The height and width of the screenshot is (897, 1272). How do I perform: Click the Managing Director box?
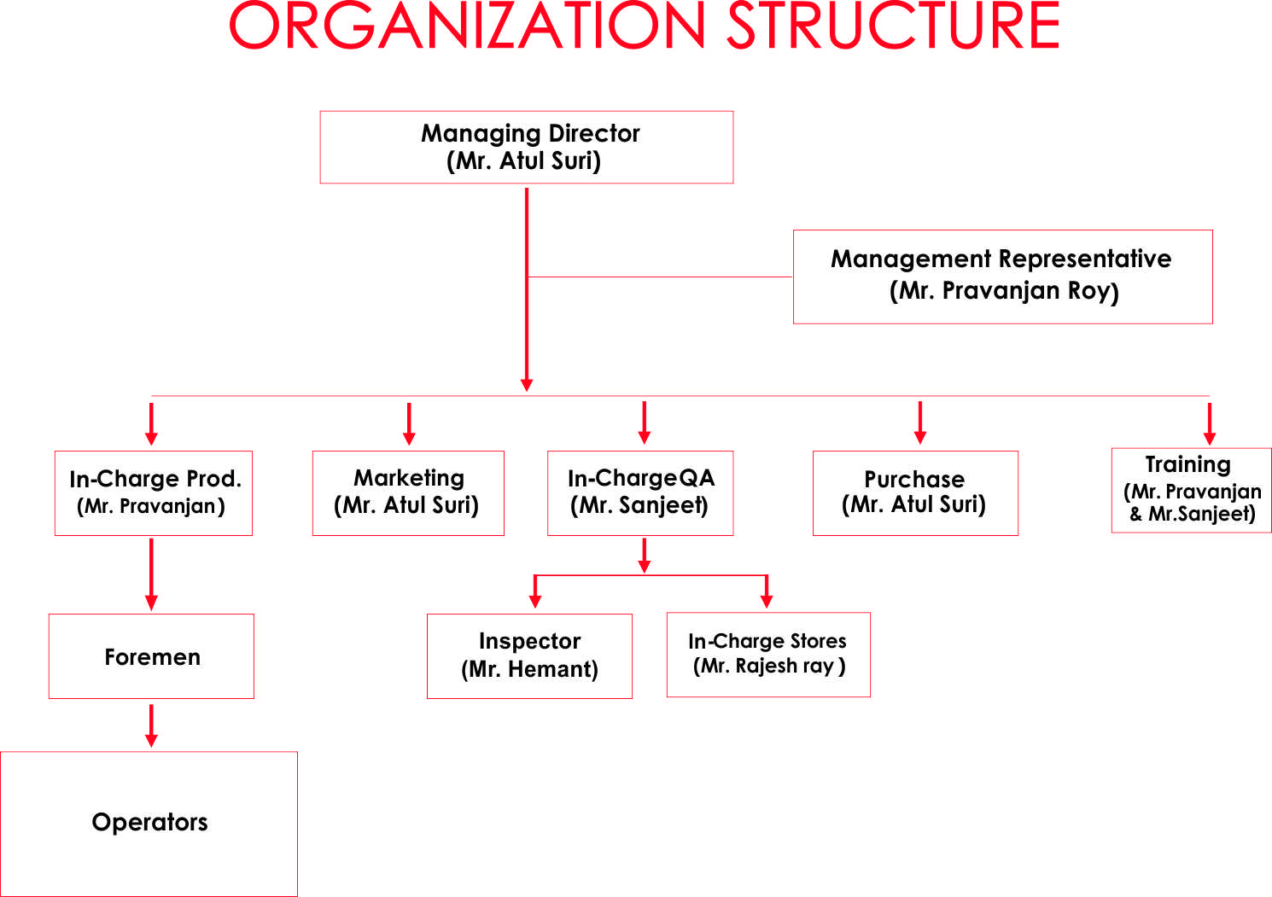(527, 147)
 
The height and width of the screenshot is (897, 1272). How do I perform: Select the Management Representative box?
(1003, 277)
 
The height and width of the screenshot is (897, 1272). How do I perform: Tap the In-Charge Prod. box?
(154, 492)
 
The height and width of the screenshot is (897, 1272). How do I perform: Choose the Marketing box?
(408, 492)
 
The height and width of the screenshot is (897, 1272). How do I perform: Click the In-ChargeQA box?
(640, 492)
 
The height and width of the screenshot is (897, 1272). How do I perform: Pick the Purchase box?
(915, 492)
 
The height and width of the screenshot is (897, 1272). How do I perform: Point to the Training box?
(1192, 490)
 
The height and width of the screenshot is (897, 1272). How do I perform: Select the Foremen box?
(151, 655)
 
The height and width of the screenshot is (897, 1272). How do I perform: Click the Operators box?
(149, 824)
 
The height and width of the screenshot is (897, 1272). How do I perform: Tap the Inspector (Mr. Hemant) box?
(529, 655)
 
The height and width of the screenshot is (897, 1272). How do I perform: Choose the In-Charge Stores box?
(768, 654)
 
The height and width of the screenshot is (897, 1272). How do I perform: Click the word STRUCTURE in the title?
(893, 26)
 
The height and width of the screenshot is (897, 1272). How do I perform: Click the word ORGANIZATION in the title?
(467, 26)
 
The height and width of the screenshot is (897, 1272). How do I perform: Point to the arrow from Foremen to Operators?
(151, 725)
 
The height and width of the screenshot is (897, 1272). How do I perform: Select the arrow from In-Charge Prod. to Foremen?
(151, 574)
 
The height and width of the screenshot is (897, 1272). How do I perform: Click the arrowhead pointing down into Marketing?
(409, 439)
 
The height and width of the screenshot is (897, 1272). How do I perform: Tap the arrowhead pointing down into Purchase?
(920, 437)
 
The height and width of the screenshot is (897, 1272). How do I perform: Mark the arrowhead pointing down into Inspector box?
(535, 601)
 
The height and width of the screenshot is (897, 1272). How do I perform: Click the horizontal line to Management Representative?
(660, 277)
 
